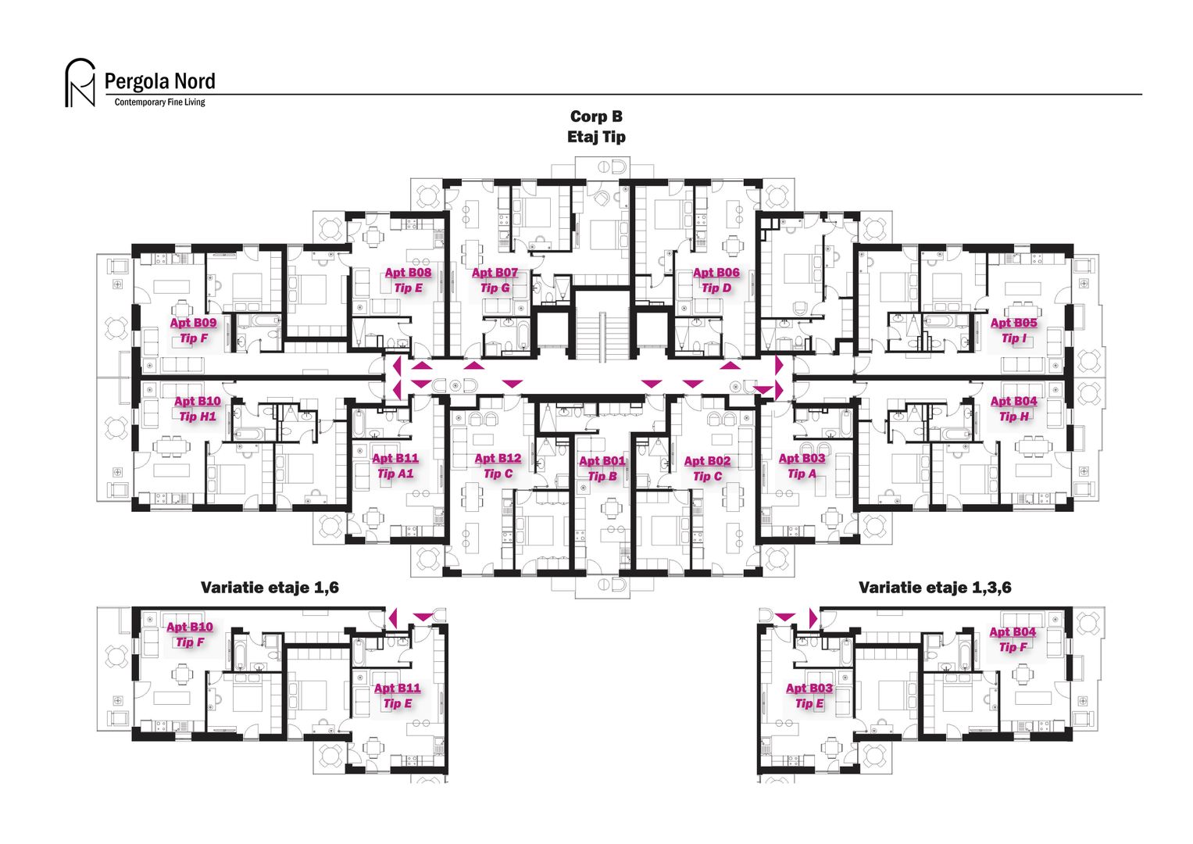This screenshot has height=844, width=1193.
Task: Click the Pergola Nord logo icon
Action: click(79, 83)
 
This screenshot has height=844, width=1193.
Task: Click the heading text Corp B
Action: click(596, 116)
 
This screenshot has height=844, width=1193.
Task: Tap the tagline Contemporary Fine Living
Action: click(159, 102)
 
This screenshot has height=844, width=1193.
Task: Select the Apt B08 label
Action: click(408, 273)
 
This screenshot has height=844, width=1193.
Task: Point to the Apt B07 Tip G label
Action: click(495, 281)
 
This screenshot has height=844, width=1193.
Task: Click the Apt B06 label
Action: click(716, 273)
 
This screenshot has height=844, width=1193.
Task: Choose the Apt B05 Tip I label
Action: click(1013, 331)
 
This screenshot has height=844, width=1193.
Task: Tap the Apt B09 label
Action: click(193, 323)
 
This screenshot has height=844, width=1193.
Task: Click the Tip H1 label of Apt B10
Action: click(197, 417)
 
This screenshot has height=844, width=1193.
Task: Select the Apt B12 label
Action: click(498, 459)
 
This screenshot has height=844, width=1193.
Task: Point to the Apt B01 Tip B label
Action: click(602, 469)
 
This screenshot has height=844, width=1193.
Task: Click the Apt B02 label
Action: click(707, 461)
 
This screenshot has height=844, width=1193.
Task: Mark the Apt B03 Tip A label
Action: click(802, 466)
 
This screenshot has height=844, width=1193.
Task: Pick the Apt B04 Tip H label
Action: click(1013, 409)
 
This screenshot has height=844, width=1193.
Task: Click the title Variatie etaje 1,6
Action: click(270, 588)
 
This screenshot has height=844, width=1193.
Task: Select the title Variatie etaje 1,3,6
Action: click(934, 588)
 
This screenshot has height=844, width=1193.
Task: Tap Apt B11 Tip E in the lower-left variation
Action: click(397, 696)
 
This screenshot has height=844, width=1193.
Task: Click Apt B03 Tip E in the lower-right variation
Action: click(809, 696)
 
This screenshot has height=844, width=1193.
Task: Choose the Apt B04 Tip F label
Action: click(1013, 639)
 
